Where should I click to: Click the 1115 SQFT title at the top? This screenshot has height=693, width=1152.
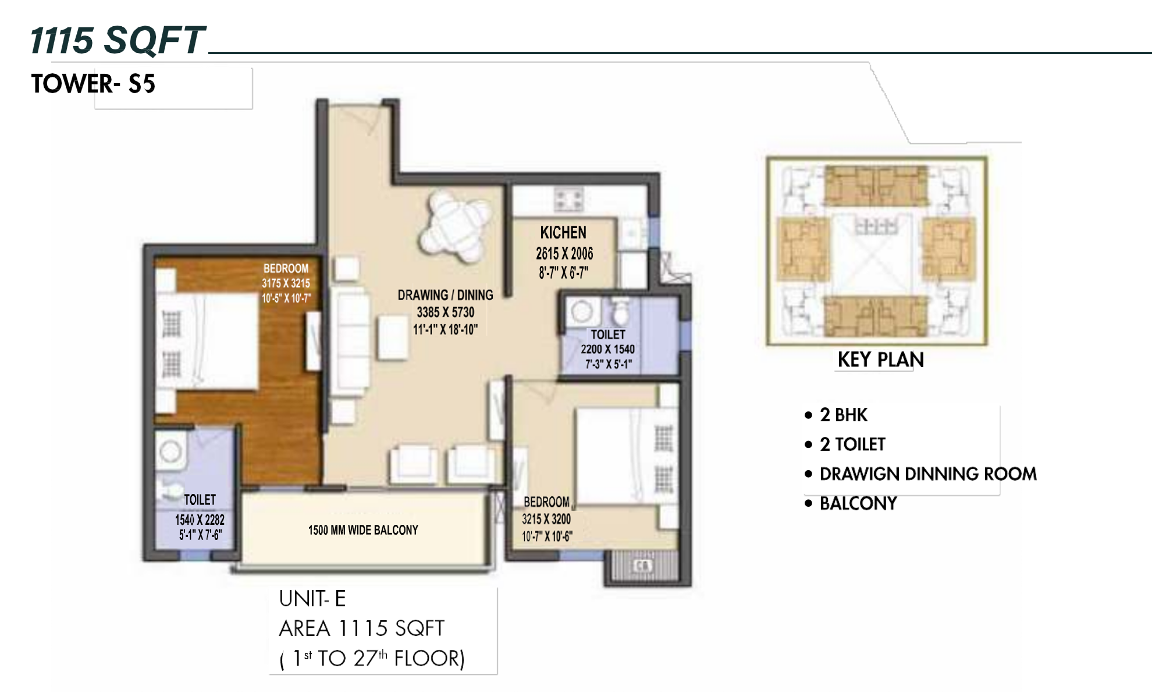(118, 41)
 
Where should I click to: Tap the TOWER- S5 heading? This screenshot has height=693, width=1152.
(93, 84)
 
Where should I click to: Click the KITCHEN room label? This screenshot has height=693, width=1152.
(563, 233)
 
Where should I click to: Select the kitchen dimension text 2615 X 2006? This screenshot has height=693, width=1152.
(564, 254)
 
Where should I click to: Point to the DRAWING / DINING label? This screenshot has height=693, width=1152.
(445, 295)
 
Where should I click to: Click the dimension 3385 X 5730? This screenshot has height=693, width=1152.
(445, 312)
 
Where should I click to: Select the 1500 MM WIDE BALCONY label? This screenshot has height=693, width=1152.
(363, 530)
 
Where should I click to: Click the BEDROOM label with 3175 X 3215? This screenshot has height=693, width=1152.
(286, 268)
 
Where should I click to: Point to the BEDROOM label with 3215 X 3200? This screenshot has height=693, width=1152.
(546, 502)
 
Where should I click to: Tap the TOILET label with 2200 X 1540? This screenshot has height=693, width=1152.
(608, 335)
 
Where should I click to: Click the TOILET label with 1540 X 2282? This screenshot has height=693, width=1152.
(200, 500)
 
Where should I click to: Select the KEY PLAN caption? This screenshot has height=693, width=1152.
(881, 360)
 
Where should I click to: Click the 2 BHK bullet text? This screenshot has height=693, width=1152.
(844, 415)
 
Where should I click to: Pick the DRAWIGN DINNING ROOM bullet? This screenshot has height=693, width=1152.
(927, 474)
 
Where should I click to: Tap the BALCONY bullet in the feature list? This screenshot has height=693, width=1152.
(858, 503)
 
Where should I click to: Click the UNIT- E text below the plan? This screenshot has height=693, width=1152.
(312, 599)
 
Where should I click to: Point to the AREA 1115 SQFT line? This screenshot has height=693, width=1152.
(361, 628)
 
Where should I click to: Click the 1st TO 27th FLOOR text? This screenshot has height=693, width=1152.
(372, 658)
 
